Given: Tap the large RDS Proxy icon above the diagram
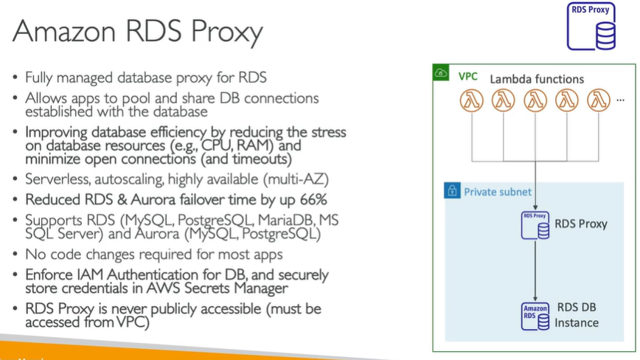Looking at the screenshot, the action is tap(591, 27).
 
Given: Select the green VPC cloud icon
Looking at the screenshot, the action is tap(442, 74).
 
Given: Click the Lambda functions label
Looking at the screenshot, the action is tap(537, 79).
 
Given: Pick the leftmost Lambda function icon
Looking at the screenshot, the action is tap(471, 100).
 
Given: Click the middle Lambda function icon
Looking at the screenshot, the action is tap(535, 100).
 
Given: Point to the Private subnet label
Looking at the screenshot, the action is tap(498, 192).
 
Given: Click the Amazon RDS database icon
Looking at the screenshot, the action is tap(535, 315).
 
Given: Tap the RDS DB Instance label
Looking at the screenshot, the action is tap(577, 315).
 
